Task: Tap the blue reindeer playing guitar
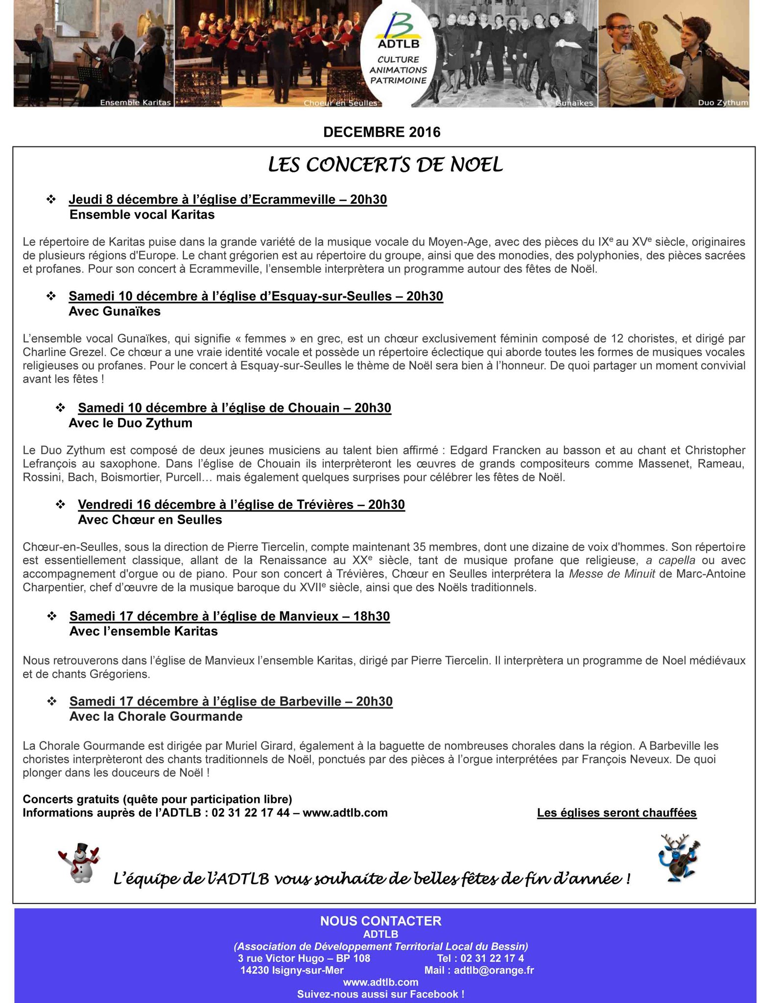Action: pyautogui.click(x=678, y=858)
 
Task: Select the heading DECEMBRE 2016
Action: pyautogui.click(x=382, y=132)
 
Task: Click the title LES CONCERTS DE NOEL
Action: pyautogui.click(x=385, y=166)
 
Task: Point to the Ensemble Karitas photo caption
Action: pyautogui.click(x=135, y=102)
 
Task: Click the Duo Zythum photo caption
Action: pyautogui.click(x=723, y=103)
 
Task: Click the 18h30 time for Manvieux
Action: pyautogui.click(x=371, y=616)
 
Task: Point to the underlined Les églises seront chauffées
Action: pyautogui.click(x=616, y=812)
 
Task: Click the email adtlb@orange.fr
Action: pyautogui.click(x=494, y=970)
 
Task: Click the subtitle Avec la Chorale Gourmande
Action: pyautogui.click(x=156, y=716)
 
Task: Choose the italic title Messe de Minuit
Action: pyautogui.click(x=612, y=573)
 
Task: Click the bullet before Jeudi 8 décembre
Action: pyautogui.click(x=51, y=199)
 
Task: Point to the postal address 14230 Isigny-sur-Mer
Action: pyautogui.click(x=292, y=970)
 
